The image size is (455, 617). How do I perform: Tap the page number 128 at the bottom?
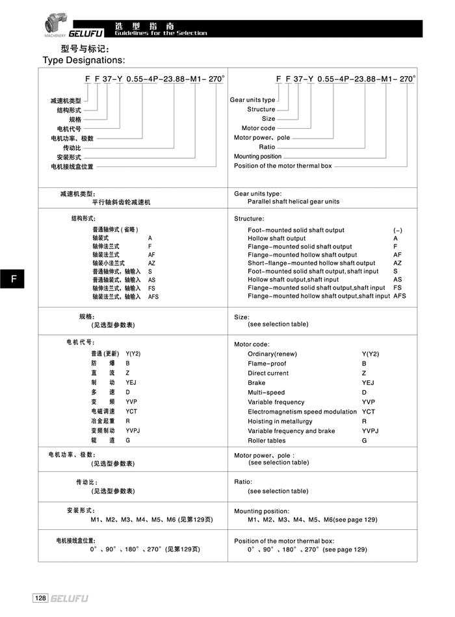click(40, 597)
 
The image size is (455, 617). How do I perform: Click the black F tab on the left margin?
click(13, 280)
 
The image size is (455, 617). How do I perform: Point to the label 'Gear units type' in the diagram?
click(252, 100)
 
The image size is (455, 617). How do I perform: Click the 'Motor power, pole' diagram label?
click(262, 138)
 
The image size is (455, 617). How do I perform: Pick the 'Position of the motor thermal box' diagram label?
click(283, 166)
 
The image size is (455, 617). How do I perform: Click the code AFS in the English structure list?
click(400, 296)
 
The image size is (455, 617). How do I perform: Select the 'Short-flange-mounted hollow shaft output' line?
click(311, 263)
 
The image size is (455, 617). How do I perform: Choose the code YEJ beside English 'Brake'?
click(368, 383)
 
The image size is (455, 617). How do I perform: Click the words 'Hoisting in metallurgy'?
click(280, 421)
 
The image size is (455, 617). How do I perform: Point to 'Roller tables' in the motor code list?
click(266, 441)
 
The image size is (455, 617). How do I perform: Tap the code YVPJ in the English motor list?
click(370, 431)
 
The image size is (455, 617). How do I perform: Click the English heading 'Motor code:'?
click(252, 344)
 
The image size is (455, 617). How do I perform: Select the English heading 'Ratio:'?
click(243, 482)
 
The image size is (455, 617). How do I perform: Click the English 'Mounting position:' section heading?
click(261, 511)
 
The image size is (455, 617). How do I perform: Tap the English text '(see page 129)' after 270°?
click(344, 549)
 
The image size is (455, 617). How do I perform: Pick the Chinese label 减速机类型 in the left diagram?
click(66, 101)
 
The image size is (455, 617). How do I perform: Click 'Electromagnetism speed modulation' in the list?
click(302, 412)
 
